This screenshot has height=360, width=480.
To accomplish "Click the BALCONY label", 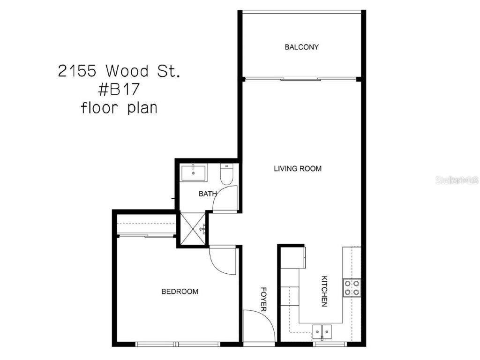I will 301,47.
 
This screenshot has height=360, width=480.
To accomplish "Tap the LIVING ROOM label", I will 298,168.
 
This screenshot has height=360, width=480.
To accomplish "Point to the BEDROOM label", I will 180,292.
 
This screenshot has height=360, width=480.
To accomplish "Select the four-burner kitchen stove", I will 352,287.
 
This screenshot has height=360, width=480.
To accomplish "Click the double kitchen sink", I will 322,331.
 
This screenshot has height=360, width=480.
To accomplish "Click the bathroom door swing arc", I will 224,198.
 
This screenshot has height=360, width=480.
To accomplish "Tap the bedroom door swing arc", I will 222,259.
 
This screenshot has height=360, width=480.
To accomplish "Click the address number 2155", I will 78,71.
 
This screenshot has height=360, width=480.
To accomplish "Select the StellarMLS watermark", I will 457,180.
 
